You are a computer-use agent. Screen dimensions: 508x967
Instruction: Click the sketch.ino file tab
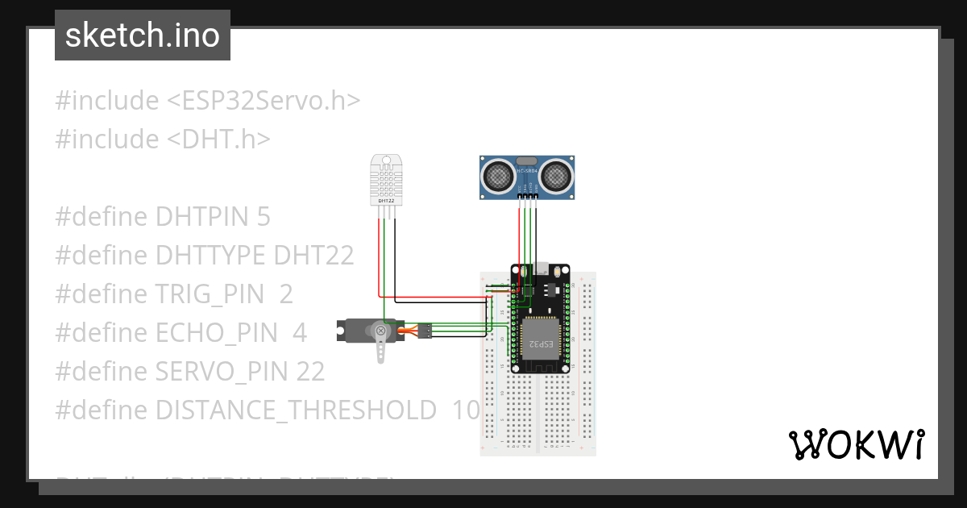click(x=143, y=35)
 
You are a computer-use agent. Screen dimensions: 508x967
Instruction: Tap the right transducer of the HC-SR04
click(x=555, y=174)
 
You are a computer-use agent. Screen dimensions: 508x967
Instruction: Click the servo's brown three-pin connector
click(x=425, y=331)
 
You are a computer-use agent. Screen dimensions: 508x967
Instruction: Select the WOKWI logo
click(x=856, y=444)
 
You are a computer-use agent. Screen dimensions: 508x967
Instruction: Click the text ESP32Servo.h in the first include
click(x=264, y=101)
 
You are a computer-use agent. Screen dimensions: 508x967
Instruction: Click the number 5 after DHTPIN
click(x=264, y=217)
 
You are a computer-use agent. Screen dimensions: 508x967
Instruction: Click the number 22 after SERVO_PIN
click(x=309, y=372)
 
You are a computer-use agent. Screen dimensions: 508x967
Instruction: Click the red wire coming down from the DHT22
click(x=379, y=258)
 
